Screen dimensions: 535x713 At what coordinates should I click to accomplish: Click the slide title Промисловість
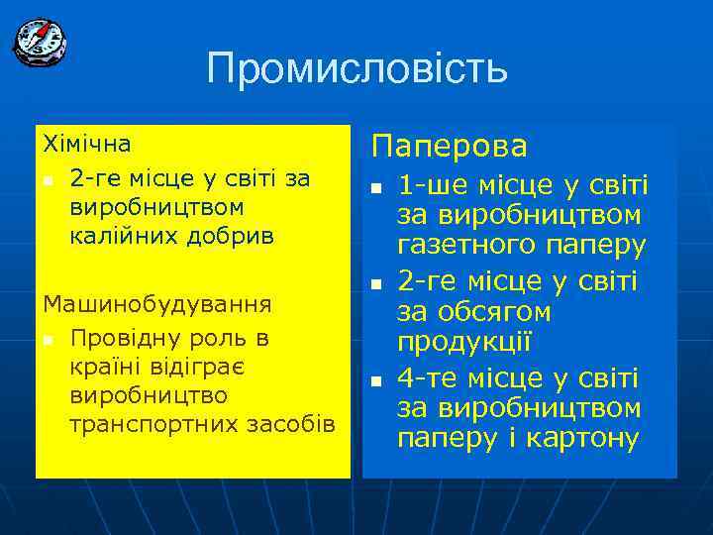[356, 68]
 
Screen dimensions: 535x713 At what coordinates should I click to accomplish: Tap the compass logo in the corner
[40, 42]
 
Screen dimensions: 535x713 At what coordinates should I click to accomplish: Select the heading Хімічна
[87, 145]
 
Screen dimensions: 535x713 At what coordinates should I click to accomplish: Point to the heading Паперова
[450, 147]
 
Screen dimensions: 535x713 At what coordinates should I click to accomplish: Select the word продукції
[464, 343]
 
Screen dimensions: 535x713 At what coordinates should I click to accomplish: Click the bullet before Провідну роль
[47, 341]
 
